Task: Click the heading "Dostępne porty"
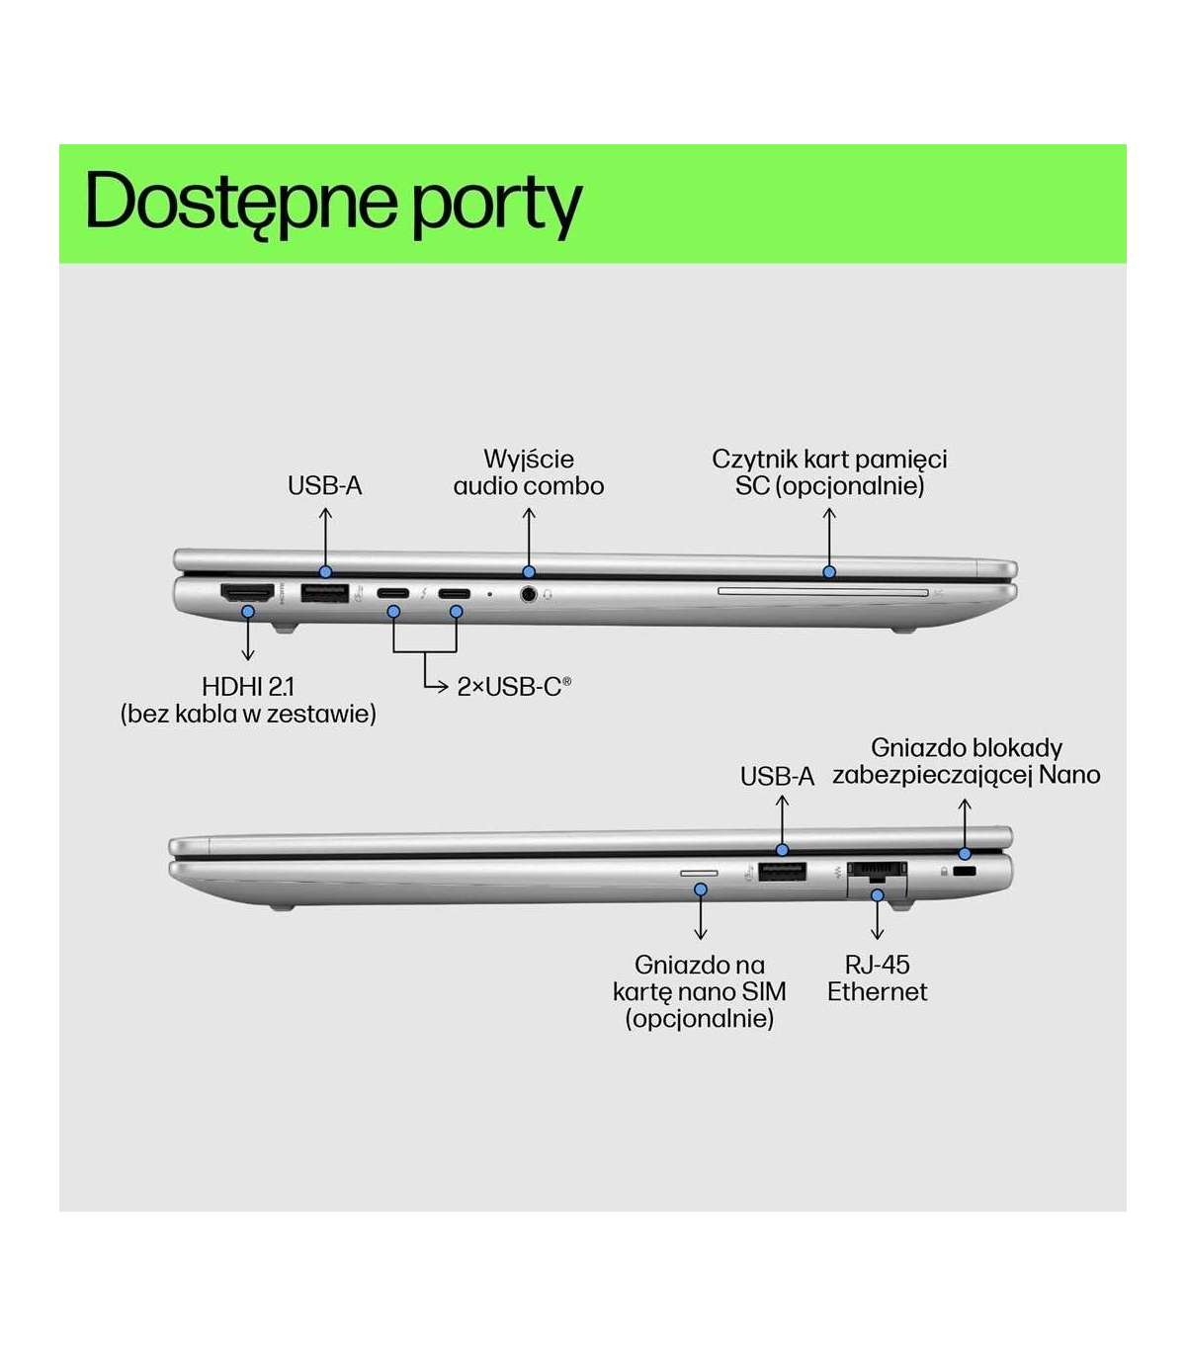[x=333, y=203]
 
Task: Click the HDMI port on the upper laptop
[x=247, y=593]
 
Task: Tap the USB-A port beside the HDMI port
[x=324, y=594]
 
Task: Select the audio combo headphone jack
[x=529, y=595]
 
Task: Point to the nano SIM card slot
[x=700, y=874]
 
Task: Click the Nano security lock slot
[x=966, y=872]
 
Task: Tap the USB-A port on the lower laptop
[x=782, y=872]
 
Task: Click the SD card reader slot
[x=823, y=592]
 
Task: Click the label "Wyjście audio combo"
[x=529, y=472]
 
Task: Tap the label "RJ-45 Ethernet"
[x=878, y=978]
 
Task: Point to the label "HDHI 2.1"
[x=248, y=687]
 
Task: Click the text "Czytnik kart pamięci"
[x=829, y=460]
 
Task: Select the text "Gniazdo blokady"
[x=966, y=748]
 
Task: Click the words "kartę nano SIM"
[x=700, y=991]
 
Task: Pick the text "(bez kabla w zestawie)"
[x=248, y=714]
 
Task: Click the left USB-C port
[x=393, y=594]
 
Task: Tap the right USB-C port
[x=456, y=594]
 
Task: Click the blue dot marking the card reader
[x=829, y=572]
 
